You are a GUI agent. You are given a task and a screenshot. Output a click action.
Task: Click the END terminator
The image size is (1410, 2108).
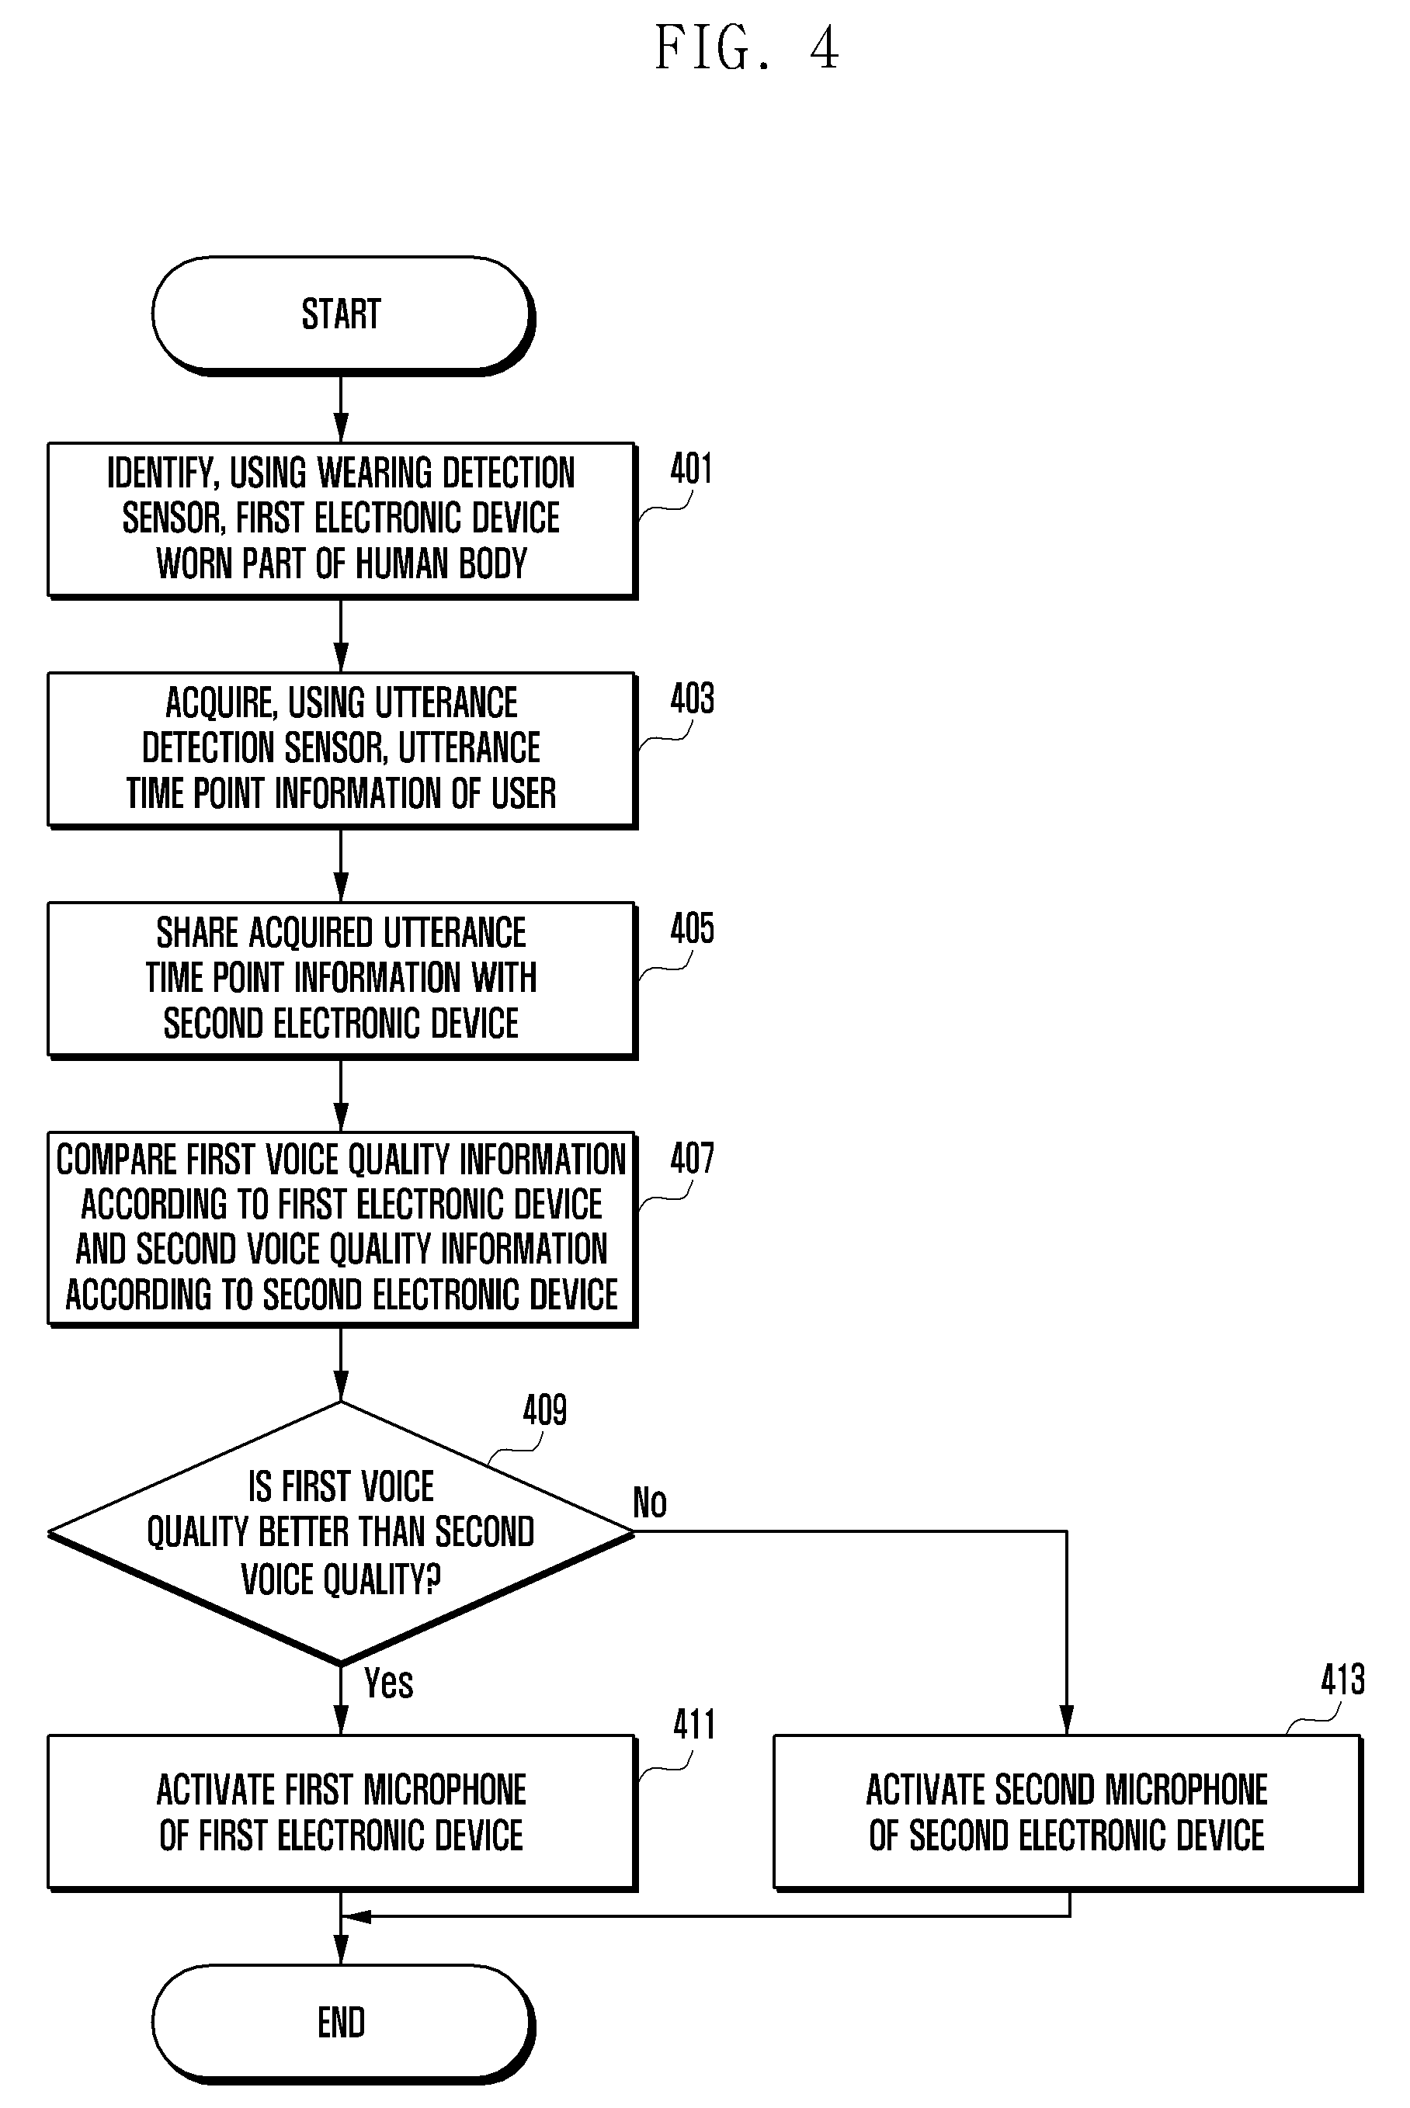point(342,2023)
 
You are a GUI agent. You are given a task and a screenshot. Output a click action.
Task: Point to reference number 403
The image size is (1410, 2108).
point(692,699)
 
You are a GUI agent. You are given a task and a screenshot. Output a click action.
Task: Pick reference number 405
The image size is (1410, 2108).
point(692,928)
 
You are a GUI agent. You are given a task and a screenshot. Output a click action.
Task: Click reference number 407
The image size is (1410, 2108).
point(692,1159)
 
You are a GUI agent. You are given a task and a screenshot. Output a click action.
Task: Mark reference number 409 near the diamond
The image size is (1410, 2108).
point(545,1410)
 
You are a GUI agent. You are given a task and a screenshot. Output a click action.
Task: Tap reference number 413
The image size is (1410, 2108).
point(1342,1680)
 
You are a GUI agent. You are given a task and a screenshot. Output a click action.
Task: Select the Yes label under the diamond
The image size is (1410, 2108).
point(388,1683)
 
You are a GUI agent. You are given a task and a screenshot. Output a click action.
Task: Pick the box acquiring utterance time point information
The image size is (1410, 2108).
point(342,751)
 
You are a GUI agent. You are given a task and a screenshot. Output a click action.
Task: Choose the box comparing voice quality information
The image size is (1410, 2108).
point(342,1229)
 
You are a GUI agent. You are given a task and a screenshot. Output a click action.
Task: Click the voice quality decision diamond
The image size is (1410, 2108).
point(342,1533)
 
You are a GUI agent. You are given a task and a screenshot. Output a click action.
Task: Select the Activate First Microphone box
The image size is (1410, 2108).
point(342,1813)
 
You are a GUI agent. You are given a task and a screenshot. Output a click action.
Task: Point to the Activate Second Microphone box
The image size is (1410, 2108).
point(1068,1813)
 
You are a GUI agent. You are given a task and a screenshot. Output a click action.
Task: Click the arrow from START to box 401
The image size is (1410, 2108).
point(341,409)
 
